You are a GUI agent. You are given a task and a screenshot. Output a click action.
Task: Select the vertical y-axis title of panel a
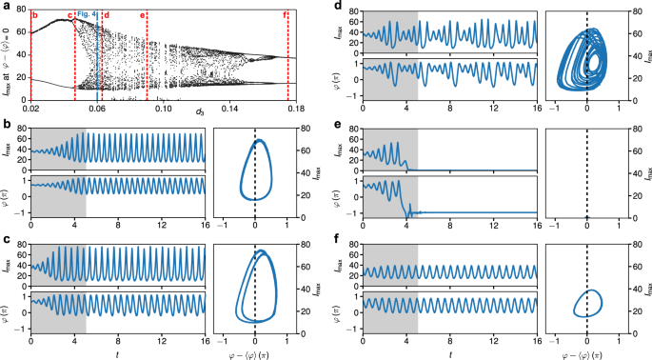[x=8, y=57]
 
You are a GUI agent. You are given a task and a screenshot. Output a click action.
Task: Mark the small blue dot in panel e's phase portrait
[x=587, y=215]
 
